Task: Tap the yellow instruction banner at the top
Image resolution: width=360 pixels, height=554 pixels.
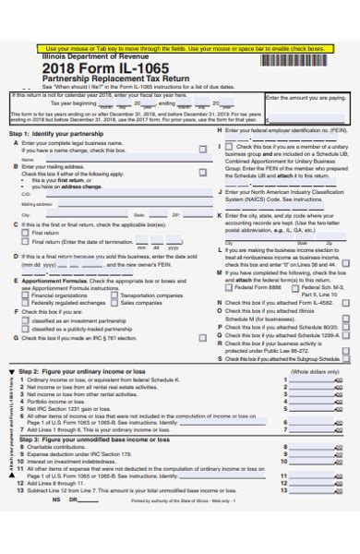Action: click(x=180, y=47)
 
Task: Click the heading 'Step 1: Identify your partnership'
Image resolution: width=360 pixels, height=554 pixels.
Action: click(x=57, y=134)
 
